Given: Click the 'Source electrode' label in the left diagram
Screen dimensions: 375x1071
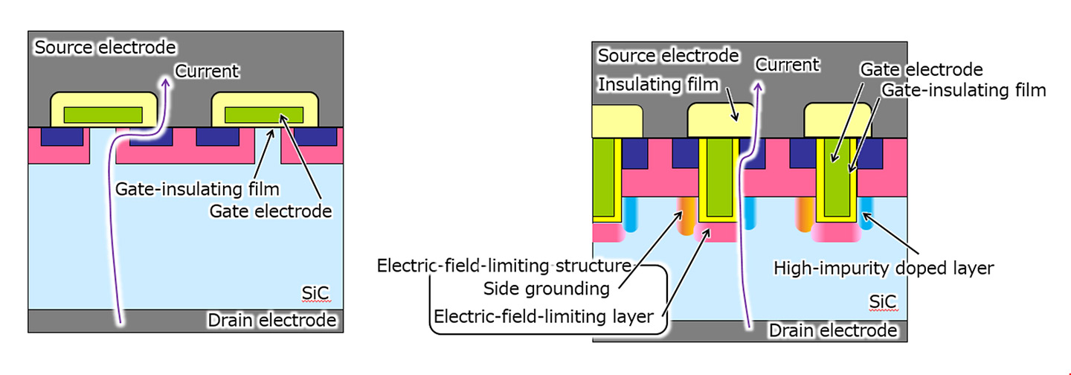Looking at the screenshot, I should point(106,48).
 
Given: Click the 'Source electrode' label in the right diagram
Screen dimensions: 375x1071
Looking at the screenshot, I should point(669,56).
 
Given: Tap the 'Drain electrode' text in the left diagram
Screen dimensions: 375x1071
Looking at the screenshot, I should point(272,321).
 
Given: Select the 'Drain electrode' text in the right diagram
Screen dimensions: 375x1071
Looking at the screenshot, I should point(834,330).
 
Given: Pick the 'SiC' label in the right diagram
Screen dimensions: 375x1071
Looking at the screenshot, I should point(883,301).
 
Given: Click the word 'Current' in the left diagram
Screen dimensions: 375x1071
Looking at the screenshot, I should point(207,71).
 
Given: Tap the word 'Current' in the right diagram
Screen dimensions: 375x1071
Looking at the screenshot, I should point(787,65).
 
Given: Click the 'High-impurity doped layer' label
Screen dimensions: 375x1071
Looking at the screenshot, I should point(884,268).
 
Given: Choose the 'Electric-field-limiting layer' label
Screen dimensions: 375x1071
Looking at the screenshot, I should point(544,317).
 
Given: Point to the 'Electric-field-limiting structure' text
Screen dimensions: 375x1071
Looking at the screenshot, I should point(504,266).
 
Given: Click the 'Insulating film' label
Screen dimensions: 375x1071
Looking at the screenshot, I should point(659,85).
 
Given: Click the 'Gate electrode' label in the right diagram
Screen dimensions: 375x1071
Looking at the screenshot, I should point(922,70).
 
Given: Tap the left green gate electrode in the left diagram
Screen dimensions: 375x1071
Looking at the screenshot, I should point(103,115).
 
